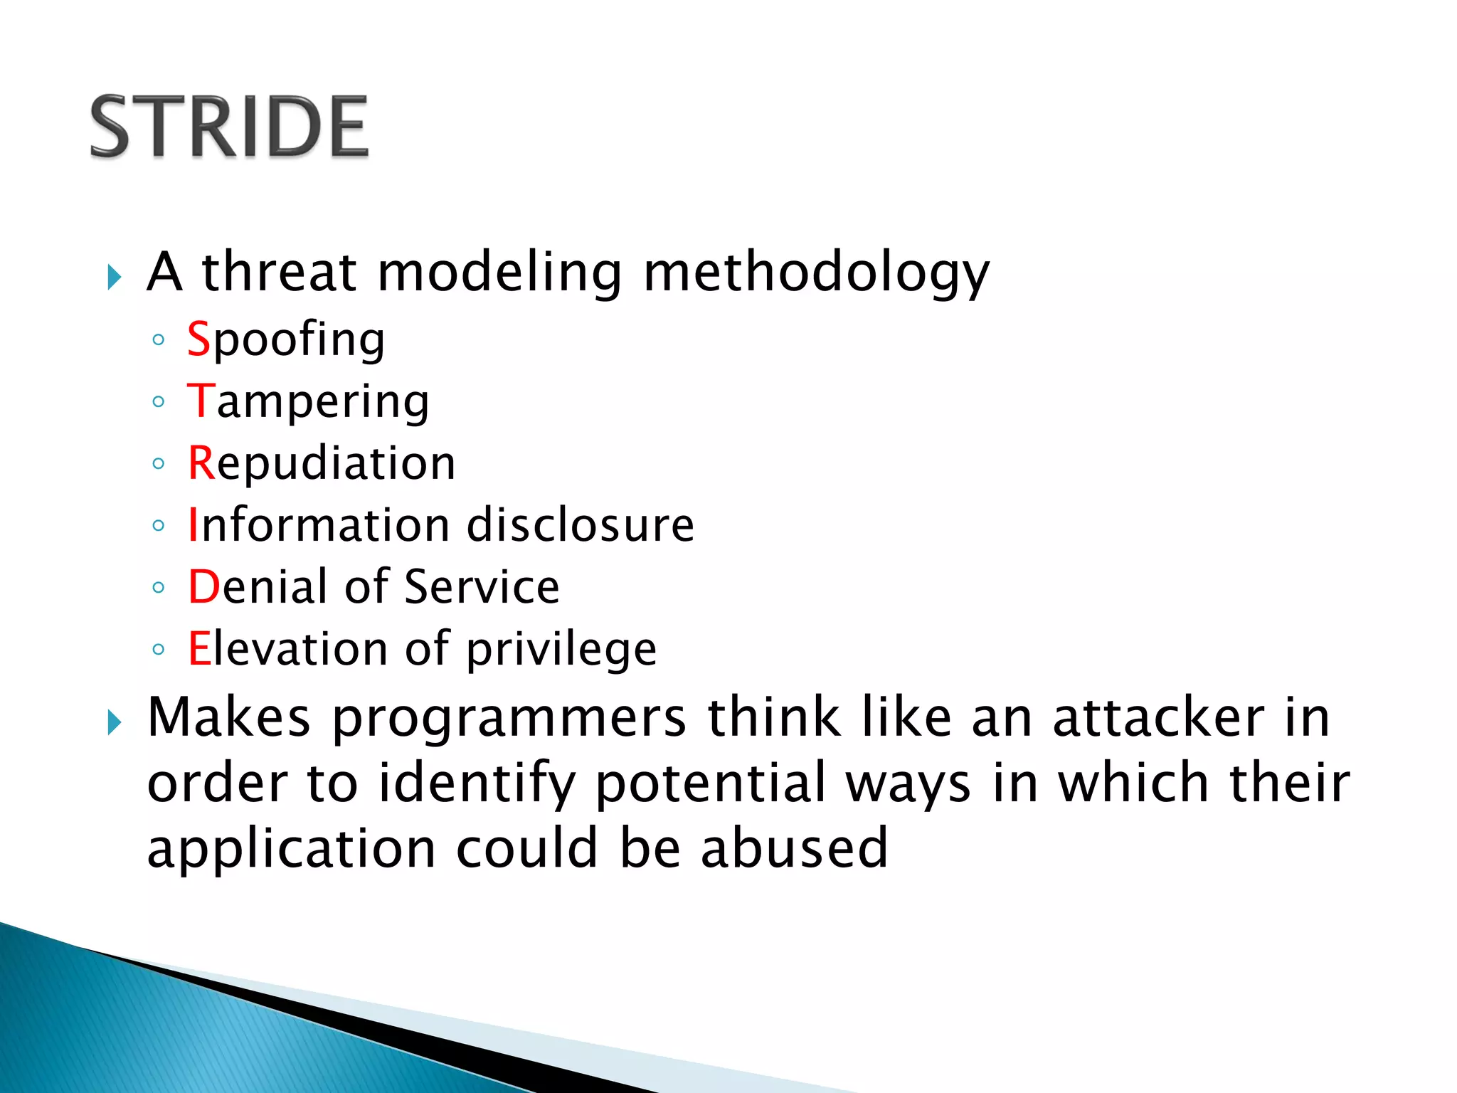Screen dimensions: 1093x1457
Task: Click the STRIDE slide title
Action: [x=229, y=127]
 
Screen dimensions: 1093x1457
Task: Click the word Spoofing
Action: [x=286, y=339]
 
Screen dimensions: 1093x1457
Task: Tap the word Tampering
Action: [x=308, y=402]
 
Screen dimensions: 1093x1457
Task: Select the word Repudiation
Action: [x=322, y=463]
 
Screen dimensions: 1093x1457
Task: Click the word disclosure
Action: [x=580, y=525]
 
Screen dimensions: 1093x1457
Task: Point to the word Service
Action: [x=482, y=587]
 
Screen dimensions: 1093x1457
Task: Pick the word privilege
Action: [x=561, y=650]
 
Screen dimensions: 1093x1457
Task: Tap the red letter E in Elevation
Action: [x=199, y=649]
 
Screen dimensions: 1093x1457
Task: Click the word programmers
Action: [x=509, y=717]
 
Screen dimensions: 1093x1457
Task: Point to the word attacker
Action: [x=1158, y=717]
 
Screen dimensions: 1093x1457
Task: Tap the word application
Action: [x=291, y=850]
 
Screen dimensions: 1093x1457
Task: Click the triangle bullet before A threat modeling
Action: [x=115, y=277]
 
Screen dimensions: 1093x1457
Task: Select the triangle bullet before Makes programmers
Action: [x=115, y=722]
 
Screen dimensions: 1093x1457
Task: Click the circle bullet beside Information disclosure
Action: [x=159, y=526]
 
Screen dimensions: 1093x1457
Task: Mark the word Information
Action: [x=319, y=525]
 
